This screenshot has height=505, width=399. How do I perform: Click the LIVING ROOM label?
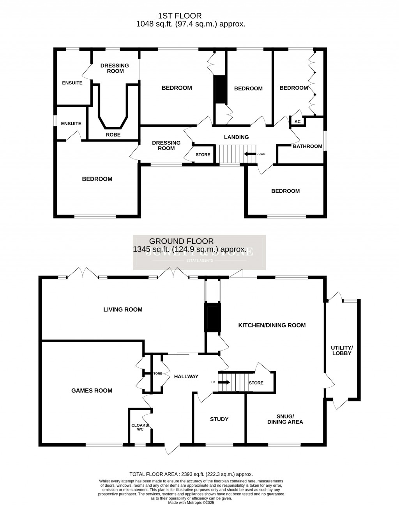coord(123,310)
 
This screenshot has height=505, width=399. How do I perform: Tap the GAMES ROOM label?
coord(92,390)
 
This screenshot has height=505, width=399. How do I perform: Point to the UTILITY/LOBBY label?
coord(341,350)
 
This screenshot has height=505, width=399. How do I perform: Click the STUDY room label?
coord(219,419)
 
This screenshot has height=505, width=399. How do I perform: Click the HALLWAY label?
coord(186,376)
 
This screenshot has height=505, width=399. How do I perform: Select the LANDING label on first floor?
coord(236,137)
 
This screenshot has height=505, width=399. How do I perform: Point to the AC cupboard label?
coord(298,122)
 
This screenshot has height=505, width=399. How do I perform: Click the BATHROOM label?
coord(307,146)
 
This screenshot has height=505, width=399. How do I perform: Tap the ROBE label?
coord(113,135)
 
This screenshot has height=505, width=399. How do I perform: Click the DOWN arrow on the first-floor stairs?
coord(250,154)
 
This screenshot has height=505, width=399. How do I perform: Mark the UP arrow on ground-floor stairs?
coord(225,383)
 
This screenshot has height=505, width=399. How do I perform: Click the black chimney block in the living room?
coord(212,318)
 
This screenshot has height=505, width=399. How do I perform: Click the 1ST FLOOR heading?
coord(180,16)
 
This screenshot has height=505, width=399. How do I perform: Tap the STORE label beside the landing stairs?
coord(203,155)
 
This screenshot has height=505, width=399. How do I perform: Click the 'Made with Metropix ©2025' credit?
coord(191,503)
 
